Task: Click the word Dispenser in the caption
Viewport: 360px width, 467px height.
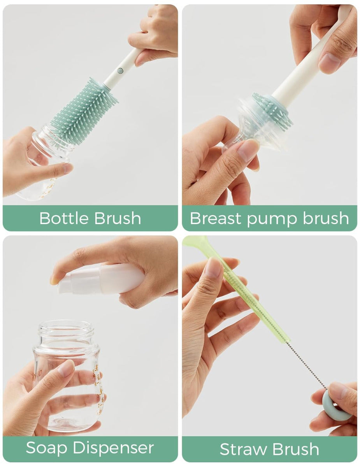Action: tap(114, 448)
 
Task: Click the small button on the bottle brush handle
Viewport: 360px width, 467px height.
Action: tap(120, 71)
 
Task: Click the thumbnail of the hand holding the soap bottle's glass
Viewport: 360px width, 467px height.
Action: tap(66, 368)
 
